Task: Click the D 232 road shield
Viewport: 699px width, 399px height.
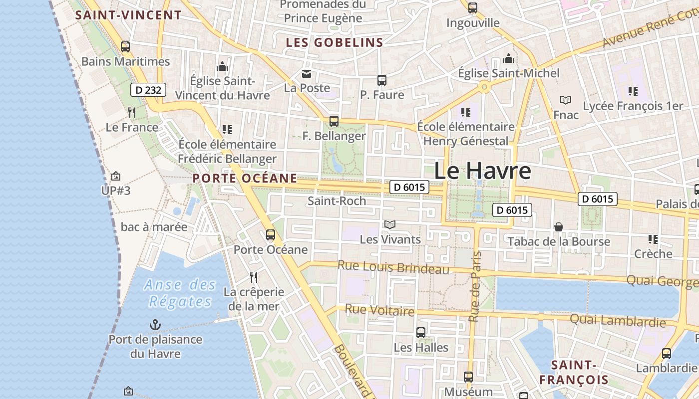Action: (x=148, y=90)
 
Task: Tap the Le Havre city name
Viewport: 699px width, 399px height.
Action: (x=482, y=171)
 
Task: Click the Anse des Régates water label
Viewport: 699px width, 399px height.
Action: (x=180, y=293)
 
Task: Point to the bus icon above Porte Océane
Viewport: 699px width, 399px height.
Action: (x=271, y=234)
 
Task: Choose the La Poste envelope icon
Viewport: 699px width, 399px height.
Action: (x=306, y=74)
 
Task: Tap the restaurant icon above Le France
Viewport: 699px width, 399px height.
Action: (x=132, y=112)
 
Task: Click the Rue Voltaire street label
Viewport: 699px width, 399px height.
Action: (x=379, y=311)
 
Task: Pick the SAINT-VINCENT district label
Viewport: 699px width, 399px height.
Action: (x=128, y=15)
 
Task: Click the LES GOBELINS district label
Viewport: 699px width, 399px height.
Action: (x=335, y=43)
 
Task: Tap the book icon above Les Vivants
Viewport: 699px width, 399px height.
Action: (x=390, y=225)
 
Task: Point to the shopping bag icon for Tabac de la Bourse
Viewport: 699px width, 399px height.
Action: (x=559, y=227)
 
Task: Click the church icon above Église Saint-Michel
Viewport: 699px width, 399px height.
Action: (x=509, y=58)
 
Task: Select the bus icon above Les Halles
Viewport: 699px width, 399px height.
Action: (x=421, y=332)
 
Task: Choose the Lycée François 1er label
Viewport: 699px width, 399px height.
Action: (x=633, y=106)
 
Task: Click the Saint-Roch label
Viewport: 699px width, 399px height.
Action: (x=337, y=201)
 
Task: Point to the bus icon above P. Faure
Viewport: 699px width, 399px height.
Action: (x=382, y=80)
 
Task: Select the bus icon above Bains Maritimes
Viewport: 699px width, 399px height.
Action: (x=125, y=47)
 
